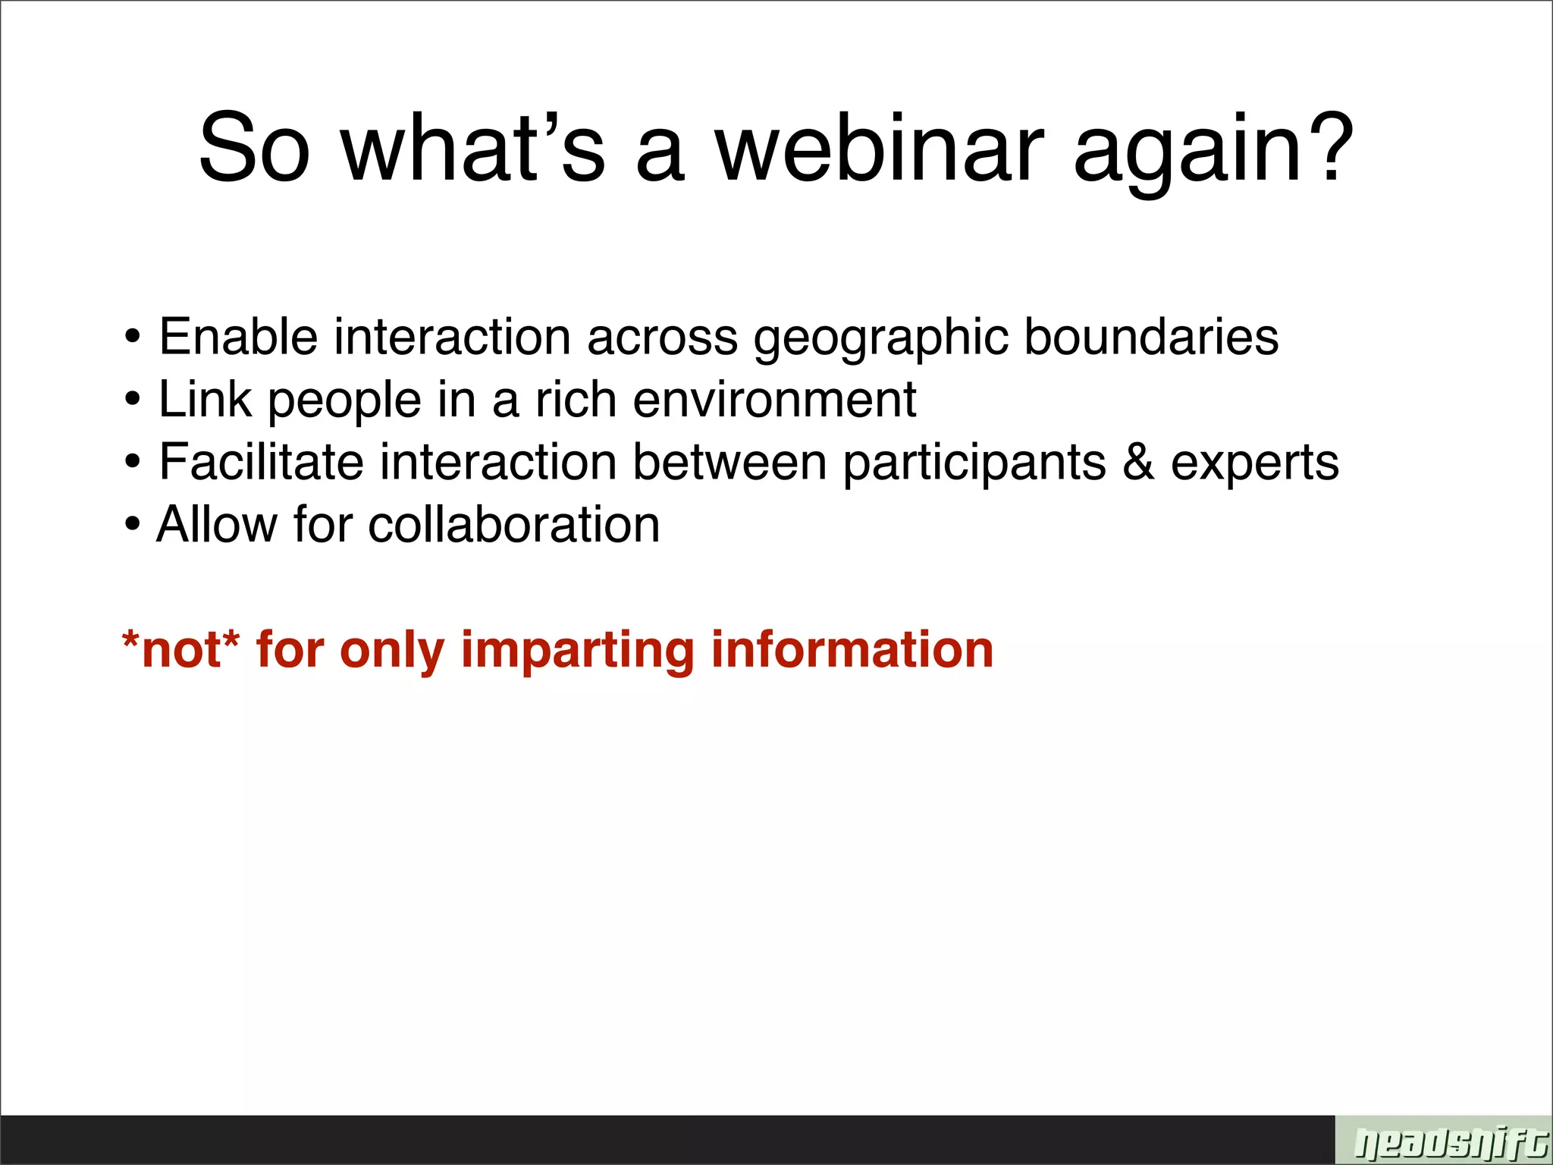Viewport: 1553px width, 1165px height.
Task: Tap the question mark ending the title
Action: coord(1328,148)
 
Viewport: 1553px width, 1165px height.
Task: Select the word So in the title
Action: coord(254,148)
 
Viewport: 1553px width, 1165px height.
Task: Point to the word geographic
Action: coord(880,339)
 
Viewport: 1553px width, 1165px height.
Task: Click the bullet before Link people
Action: coord(133,400)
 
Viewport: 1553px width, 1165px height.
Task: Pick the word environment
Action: coord(774,400)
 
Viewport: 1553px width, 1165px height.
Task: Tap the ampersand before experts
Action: coord(1137,462)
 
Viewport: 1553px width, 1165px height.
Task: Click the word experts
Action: coord(1254,464)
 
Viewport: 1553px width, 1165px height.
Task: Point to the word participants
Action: coord(974,464)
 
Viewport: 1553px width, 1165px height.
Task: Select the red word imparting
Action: coord(577,652)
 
